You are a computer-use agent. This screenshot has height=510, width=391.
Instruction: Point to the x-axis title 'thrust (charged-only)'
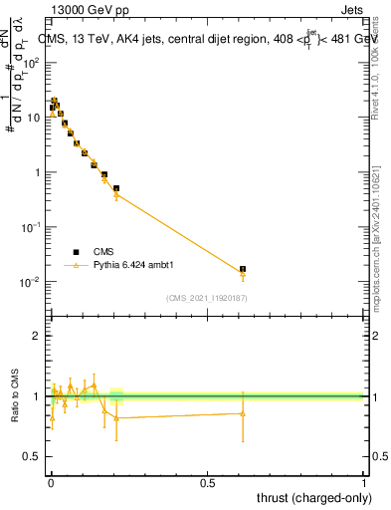[310, 497]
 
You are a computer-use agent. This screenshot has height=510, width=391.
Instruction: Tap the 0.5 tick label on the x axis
[207, 482]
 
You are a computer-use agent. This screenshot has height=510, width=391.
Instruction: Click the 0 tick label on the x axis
[51, 482]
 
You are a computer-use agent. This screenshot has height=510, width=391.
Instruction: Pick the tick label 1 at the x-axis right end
[363, 482]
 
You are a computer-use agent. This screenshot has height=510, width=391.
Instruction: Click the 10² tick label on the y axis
[32, 62]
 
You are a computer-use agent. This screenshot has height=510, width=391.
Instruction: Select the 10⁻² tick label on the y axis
[32, 282]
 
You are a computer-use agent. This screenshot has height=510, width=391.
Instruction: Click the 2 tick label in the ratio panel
[37, 336]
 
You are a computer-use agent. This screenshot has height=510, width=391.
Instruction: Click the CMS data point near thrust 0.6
[243, 269]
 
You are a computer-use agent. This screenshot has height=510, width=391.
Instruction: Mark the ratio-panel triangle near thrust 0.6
[243, 413]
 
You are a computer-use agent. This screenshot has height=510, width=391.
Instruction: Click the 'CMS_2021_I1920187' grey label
[206, 297]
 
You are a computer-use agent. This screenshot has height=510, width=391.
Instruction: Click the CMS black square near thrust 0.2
[116, 187]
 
